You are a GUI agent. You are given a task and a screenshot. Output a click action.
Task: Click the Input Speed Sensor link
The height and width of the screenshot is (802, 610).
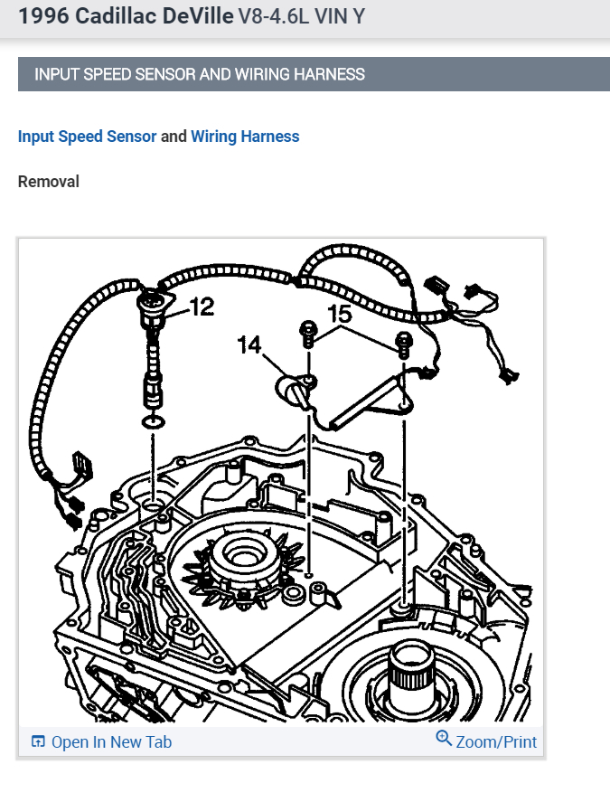(x=87, y=137)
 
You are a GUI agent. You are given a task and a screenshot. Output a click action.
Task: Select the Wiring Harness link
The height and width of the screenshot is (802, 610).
(x=245, y=137)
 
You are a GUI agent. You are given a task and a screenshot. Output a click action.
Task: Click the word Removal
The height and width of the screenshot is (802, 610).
(x=49, y=182)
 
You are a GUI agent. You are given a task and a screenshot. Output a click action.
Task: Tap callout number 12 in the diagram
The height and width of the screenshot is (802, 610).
(x=202, y=307)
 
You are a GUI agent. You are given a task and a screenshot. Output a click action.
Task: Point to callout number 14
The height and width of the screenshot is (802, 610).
(x=249, y=344)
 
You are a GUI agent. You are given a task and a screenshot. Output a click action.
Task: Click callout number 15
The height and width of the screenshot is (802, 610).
(x=339, y=314)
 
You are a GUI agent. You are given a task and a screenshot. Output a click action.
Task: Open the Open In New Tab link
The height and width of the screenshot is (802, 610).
(x=111, y=742)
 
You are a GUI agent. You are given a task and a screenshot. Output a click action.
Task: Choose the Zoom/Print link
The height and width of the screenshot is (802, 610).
(x=496, y=742)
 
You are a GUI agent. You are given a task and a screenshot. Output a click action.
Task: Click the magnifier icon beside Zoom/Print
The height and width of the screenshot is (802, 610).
(x=444, y=739)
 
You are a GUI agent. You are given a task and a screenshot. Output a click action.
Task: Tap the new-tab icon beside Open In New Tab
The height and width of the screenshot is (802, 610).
(x=38, y=742)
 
